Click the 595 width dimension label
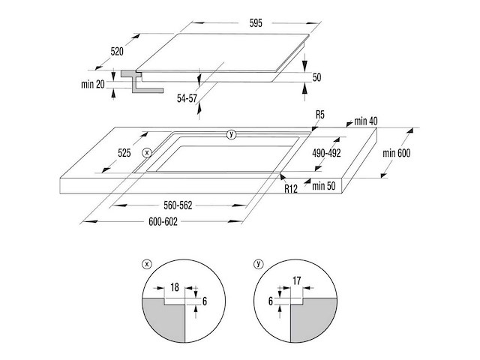pyautogui.click(x=256, y=23)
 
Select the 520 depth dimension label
pyautogui.click(x=117, y=52)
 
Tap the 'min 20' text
pyautogui.click(x=93, y=84)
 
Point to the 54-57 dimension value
pyautogui.click(x=187, y=98)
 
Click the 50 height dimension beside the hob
pyautogui.click(x=316, y=77)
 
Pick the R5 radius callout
pyautogui.click(x=320, y=115)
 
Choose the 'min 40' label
pyautogui.click(x=366, y=121)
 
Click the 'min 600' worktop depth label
pyautogui.click(x=397, y=153)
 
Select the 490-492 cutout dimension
pyautogui.click(x=326, y=153)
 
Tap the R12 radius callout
pyautogui.click(x=291, y=189)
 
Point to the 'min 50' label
pyautogui.click(x=323, y=186)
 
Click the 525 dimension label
pyautogui.click(x=124, y=153)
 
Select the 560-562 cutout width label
pyautogui.click(x=178, y=205)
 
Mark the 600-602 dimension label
pyautogui.click(x=163, y=221)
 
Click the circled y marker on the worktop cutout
pyautogui.click(x=231, y=134)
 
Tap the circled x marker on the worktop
pyautogui.click(x=147, y=152)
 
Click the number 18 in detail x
pyautogui.click(x=175, y=287)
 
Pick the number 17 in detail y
pyautogui.click(x=297, y=280)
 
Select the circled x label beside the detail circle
pyautogui.click(x=147, y=264)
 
